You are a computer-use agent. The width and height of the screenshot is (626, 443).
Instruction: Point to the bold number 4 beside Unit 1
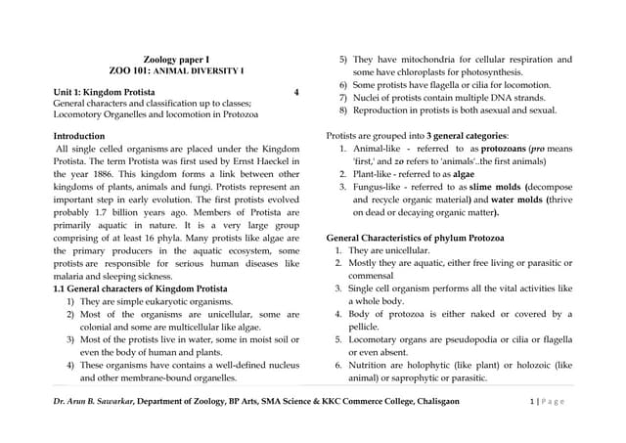tap(295, 92)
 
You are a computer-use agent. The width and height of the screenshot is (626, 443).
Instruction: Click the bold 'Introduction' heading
tap(84, 134)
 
